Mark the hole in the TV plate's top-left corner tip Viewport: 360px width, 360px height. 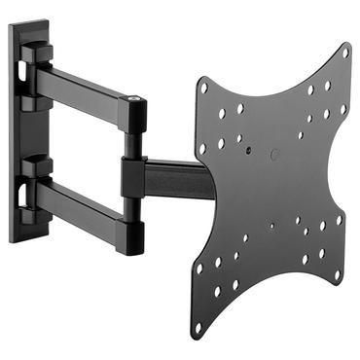coord(203,87)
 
